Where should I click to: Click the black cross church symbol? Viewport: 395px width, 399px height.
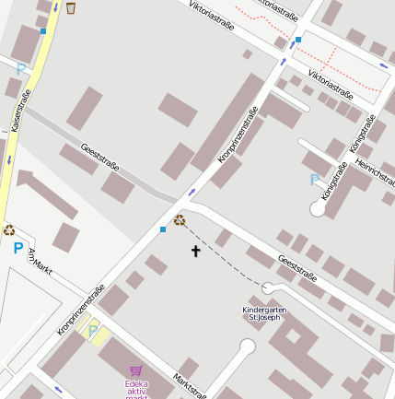coord(195,251)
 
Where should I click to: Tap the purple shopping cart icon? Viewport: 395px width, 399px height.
coord(136,370)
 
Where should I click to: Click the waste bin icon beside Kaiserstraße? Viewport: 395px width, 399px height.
coord(71,8)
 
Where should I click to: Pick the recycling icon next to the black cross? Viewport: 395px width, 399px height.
coord(180,221)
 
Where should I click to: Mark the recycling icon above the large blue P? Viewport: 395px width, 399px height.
coord(9,230)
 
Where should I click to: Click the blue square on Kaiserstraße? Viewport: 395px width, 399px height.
coord(43,30)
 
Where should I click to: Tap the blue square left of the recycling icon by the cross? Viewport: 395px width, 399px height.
coord(163,229)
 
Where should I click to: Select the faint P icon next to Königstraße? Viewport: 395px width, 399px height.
coord(315,180)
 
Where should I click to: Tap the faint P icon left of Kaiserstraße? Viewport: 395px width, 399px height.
coord(21,68)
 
